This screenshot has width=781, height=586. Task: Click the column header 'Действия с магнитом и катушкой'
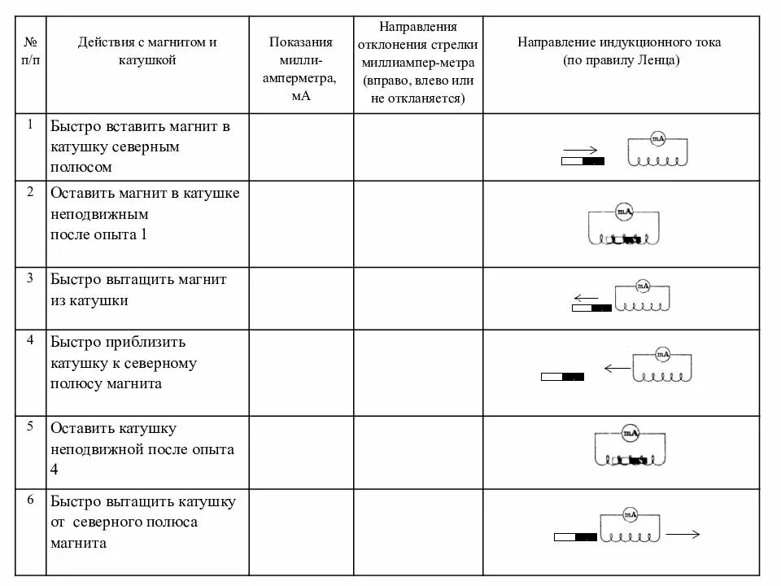pos(147,50)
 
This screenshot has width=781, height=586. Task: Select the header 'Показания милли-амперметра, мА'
pos(300,68)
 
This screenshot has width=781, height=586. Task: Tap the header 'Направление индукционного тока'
pos(619,50)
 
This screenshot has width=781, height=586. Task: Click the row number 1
pos(30,125)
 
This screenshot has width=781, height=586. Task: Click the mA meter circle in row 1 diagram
pos(657,139)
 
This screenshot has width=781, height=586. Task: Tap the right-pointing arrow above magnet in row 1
pos(580,150)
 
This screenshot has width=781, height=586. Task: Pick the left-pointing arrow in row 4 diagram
pos(617,368)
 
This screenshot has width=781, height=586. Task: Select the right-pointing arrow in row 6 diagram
pos(683,535)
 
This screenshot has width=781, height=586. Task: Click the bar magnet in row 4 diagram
pos(563,377)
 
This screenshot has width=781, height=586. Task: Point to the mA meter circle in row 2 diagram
pos(623,212)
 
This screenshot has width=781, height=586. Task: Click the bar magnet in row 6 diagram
pos(575,537)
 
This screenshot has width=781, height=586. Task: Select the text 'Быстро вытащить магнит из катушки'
pos(138,290)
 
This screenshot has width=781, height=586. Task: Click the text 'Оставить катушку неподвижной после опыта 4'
pos(142,448)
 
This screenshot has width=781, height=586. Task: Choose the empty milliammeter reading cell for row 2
pos(300,224)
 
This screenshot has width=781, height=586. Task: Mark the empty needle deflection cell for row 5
pos(417,452)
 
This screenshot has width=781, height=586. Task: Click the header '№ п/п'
pos(30,50)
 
